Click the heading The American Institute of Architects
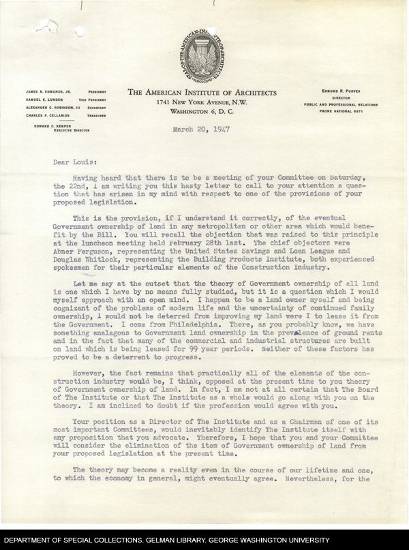[202, 93]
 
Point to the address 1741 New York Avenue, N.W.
[202, 102]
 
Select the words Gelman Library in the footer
[187, 540]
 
